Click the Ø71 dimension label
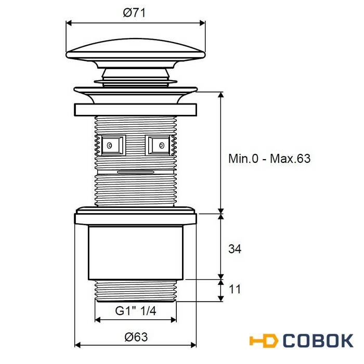pos(134,12)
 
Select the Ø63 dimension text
pos(136,337)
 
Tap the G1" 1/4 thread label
pos(136,310)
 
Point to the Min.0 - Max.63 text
pos(269,159)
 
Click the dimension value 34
pos(235,249)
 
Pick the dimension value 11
pos(235,289)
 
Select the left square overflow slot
pos(112,145)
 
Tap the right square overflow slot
pos(159,145)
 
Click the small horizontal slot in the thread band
pos(136,172)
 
